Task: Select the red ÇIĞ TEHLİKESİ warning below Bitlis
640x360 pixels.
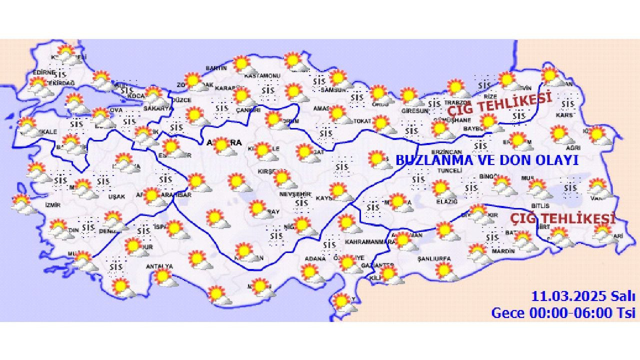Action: [x=562, y=219]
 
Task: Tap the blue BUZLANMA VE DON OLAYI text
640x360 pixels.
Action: [x=487, y=160]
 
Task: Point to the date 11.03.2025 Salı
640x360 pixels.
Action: [x=583, y=296]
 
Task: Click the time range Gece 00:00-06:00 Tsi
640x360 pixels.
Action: [x=563, y=313]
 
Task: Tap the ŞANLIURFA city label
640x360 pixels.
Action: [x=434, y=259]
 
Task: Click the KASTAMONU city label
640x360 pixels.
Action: [x=262, y=76]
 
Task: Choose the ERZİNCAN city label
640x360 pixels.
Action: [x=447, y=151]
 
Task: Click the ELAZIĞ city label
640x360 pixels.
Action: [x=446, y=201]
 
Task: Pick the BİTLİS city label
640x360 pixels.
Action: [x=540, y=205]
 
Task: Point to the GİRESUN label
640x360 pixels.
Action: [x=415, y=111]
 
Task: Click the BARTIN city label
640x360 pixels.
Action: [x=216, y=68]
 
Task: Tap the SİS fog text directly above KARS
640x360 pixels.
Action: [x=567, y=104]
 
